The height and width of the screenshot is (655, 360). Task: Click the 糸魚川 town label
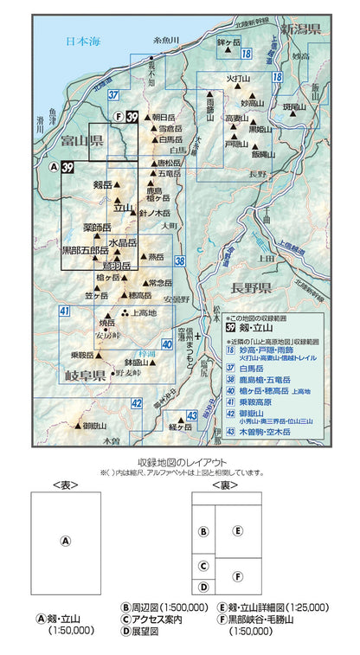tap(164, 40)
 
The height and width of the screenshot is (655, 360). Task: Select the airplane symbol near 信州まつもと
tap(197, 333)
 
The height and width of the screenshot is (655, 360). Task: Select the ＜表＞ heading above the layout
tap(65, 485)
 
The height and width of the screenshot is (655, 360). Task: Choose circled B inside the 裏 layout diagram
tap(203, 532)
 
